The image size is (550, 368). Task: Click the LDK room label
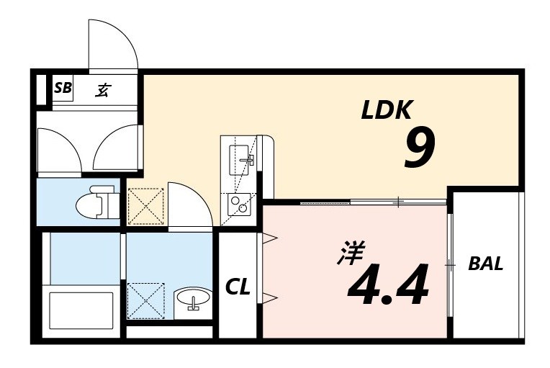click(386, 110)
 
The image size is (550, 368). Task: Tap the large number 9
click(418, 150)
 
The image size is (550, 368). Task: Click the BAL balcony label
click(485, 264)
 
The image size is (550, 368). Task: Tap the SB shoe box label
click(63, 89)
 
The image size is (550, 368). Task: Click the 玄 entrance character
click(103, 90)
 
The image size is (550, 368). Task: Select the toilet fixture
click(96, 202)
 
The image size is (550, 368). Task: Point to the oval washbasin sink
click(192, 297)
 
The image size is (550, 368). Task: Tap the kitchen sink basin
click(238, 156)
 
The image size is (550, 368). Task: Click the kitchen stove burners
click(238, 205)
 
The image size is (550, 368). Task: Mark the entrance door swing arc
click(113, 45)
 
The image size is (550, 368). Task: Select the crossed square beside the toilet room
click(145, 206)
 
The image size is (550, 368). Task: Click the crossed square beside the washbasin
click(145, 300)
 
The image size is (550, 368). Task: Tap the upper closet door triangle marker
click(270, 238)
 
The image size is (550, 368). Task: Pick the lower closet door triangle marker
click(270, 297)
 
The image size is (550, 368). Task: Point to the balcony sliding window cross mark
click(450, 265)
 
